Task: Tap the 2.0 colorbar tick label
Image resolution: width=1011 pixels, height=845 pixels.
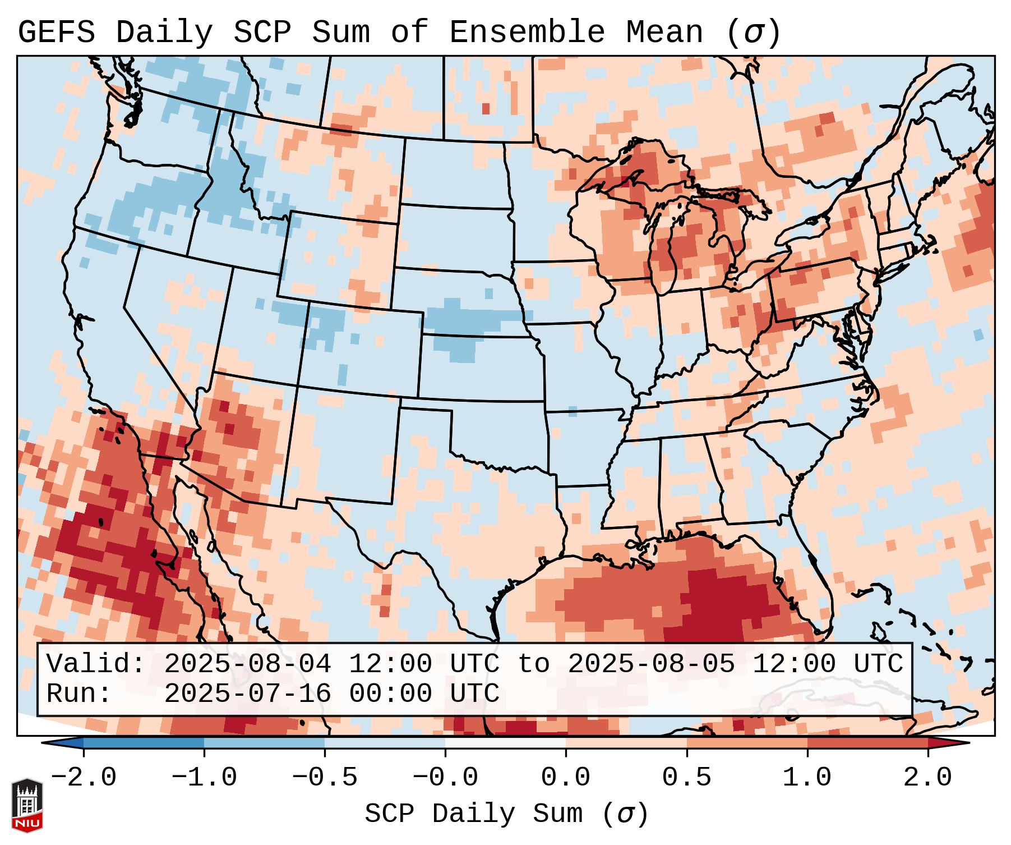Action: [927, 778]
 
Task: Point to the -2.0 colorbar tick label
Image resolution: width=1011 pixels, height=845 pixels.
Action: [84, 778]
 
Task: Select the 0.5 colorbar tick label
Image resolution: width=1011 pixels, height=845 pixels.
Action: [686, 778]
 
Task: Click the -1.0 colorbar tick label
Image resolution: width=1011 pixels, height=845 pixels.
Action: [204, 778]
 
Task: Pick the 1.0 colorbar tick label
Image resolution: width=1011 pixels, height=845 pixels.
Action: [807, 778]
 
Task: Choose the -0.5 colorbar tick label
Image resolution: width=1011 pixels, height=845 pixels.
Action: [325, 778]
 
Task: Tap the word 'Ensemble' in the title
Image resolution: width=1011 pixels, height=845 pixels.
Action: [527, 33]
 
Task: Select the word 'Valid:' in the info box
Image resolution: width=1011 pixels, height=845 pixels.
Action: [96, 664]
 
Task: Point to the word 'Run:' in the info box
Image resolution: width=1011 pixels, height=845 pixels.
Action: [79, 694]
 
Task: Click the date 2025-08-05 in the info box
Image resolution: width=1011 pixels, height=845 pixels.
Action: [651, 664]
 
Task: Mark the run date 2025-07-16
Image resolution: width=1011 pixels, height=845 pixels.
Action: [247, 694]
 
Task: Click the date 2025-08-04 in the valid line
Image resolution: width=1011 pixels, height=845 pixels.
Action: [247, 664]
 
